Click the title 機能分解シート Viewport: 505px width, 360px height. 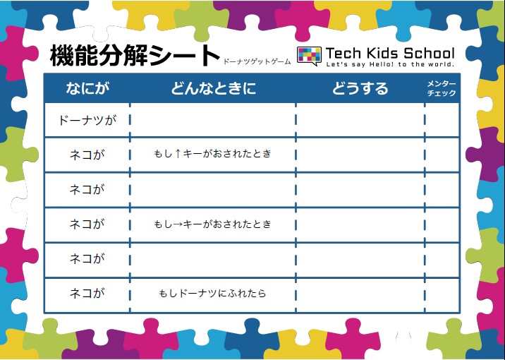[135, 56]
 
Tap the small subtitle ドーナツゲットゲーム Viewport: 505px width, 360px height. [257, 61]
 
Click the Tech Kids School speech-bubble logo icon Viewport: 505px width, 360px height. [309, 56]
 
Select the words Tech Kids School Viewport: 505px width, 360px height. [390, 53]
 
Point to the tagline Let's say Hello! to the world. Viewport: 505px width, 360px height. [390, 64]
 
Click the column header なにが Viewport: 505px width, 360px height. [87, 88]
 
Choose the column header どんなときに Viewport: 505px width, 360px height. [213, 88]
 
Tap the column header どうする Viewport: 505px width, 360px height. [360, 88]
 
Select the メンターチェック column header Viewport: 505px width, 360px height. [442, 88]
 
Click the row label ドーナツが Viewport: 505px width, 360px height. [87, 121]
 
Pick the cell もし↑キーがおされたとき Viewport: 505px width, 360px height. [212, 154]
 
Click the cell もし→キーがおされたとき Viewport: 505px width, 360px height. [212, 224]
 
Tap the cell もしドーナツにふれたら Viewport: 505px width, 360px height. [212, 293]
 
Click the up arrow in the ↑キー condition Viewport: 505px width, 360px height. [178, 154]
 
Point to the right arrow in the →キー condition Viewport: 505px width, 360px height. [178, 224]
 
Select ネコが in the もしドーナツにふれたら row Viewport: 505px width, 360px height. [87, 293]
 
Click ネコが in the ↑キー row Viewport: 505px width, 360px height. [87, 155]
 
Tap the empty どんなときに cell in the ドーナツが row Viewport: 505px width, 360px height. [212, 120]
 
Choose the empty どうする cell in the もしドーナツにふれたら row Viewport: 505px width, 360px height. [360, 295]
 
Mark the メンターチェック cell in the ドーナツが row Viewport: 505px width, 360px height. [442, 120]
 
